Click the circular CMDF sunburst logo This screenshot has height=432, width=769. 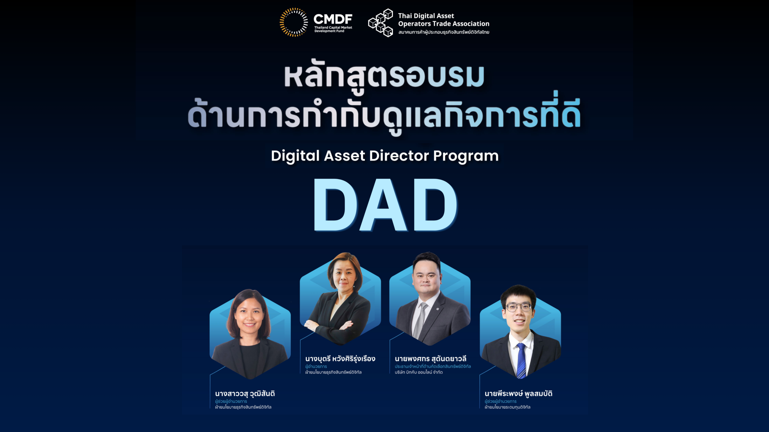click(x=293, y=22)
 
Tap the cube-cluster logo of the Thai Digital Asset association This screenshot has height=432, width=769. click(x=381, y=23)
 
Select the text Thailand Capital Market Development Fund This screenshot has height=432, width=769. click(x=333, y=29)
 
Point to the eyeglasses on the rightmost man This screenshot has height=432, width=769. click(x=519, y=307)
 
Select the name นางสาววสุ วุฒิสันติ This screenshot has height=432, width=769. click(x=245, y=394)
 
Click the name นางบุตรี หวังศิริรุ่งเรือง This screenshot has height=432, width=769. click(x=340, y=359)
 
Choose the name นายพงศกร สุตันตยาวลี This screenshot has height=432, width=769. click(x=430, y=359)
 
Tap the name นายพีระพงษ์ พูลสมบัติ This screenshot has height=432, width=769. click(x=518, y=394)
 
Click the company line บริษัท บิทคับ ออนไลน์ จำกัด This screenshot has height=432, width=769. click(x=419, y=372)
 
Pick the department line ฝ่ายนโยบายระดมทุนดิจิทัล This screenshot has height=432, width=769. click(x=507, y=407)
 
